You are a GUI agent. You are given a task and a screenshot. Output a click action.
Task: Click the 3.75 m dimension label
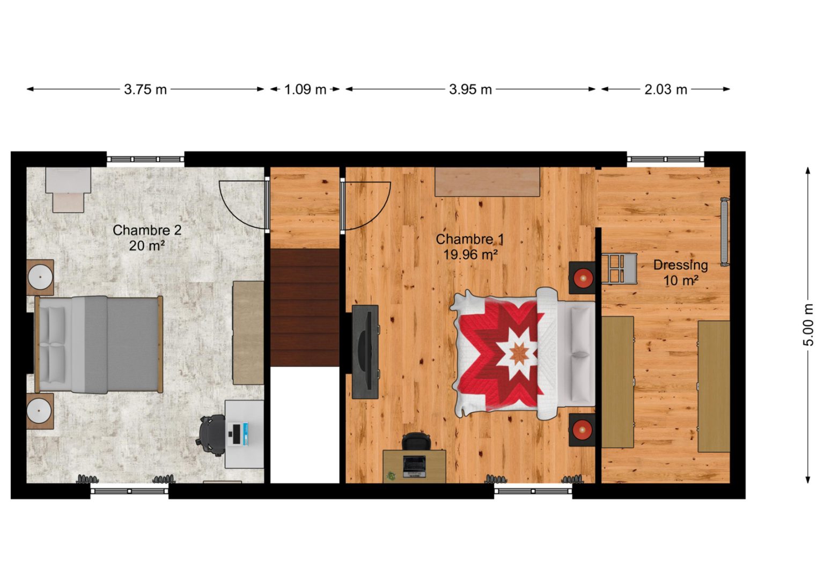coord(145,90)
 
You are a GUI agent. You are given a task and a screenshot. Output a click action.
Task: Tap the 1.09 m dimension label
coord(305,90)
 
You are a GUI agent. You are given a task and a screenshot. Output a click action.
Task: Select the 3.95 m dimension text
coord(470,90)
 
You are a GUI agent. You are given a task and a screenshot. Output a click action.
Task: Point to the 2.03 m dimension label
coord(665,90)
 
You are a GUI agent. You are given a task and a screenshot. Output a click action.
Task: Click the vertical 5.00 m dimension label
coord(808,325)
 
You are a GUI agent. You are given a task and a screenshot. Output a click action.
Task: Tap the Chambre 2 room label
coord(147,230)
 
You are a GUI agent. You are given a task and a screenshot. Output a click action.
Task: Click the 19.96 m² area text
coord(470,255)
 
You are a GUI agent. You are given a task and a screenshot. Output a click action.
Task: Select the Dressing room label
coord(681,265)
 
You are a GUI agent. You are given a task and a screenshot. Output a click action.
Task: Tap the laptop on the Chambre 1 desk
coord(414,467)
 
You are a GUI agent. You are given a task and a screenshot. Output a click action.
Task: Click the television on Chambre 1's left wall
coord(365,352)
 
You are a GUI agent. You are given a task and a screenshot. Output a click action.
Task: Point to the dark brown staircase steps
coord(305,307)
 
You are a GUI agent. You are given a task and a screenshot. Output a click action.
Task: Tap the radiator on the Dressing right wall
coord(724,232)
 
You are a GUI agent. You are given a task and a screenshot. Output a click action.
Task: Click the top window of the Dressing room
coord(665,159)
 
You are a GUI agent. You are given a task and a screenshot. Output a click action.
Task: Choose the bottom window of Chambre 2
coord(129,491)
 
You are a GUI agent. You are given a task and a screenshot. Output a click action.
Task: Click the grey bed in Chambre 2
coord(99,344)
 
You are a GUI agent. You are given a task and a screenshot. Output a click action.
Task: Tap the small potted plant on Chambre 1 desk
coord(391,477)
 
